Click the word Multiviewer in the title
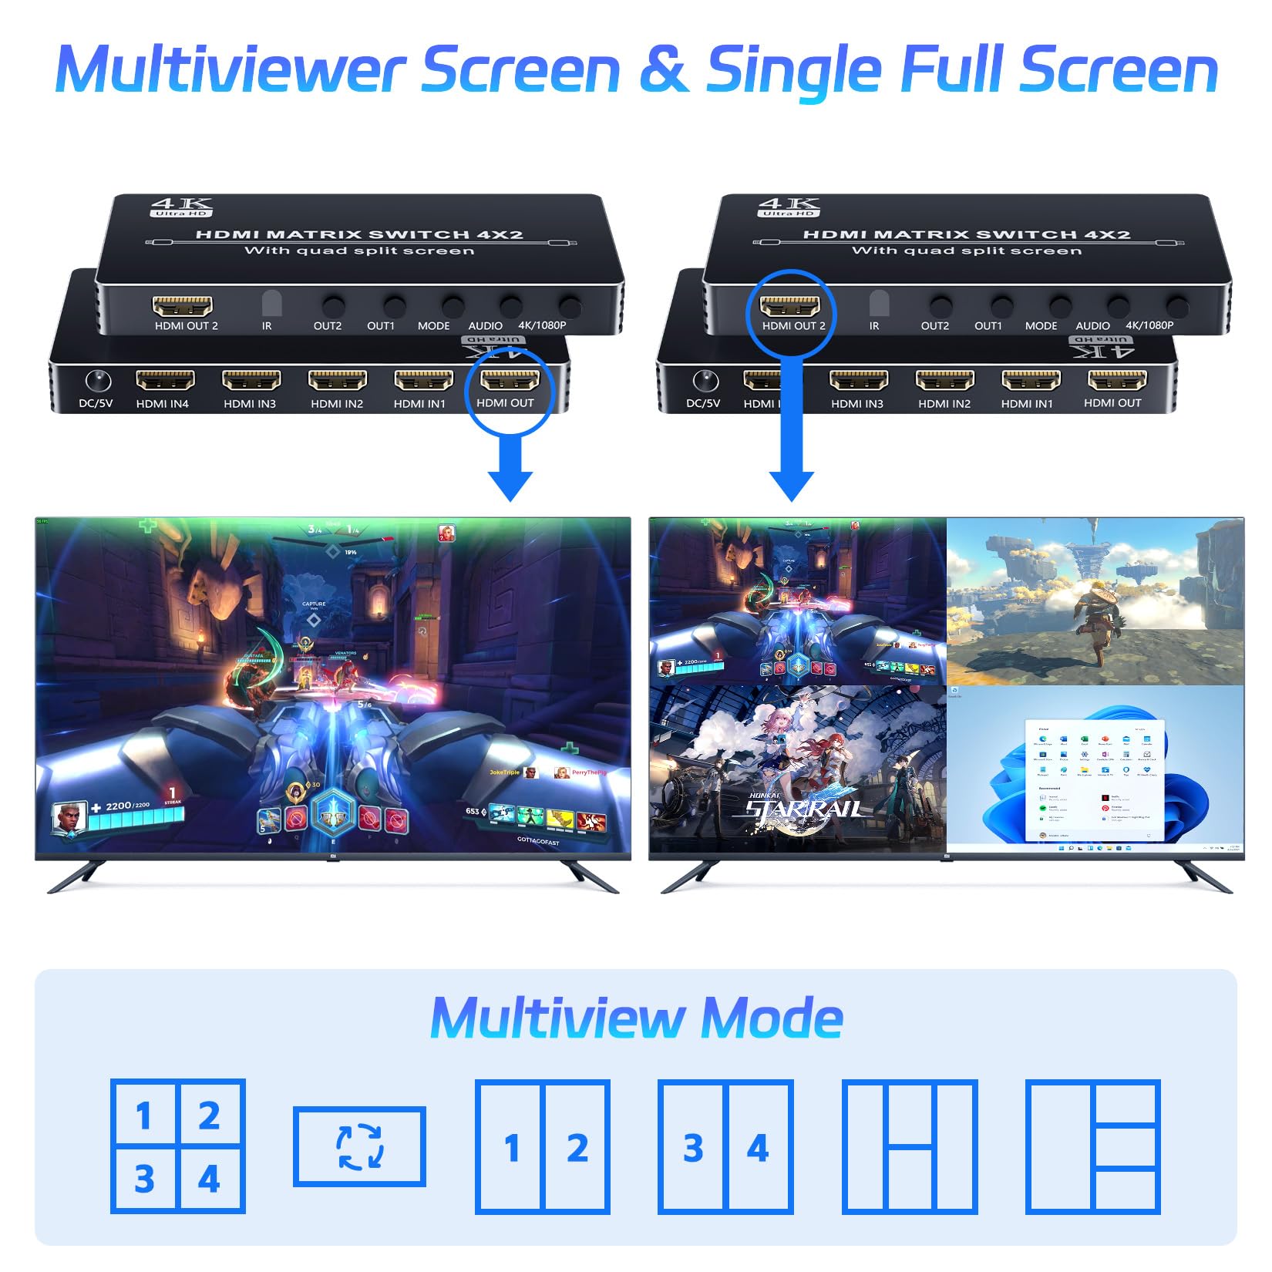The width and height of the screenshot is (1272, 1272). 230,69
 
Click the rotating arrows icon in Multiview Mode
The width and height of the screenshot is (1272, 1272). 359,1146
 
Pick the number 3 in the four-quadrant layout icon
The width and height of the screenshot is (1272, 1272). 144,1179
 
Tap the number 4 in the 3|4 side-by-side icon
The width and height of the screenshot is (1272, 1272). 758,1148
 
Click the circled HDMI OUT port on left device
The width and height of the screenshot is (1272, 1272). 510,380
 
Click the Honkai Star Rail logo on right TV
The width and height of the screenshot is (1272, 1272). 803,806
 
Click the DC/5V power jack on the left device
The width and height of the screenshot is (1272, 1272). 97,381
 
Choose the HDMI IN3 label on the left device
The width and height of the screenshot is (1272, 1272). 250,404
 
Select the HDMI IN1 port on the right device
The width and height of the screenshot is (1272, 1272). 1031,380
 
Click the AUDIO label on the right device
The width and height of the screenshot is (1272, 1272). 1092,326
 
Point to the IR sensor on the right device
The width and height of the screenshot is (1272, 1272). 879,303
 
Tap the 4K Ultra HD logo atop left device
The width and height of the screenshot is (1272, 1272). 181,207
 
